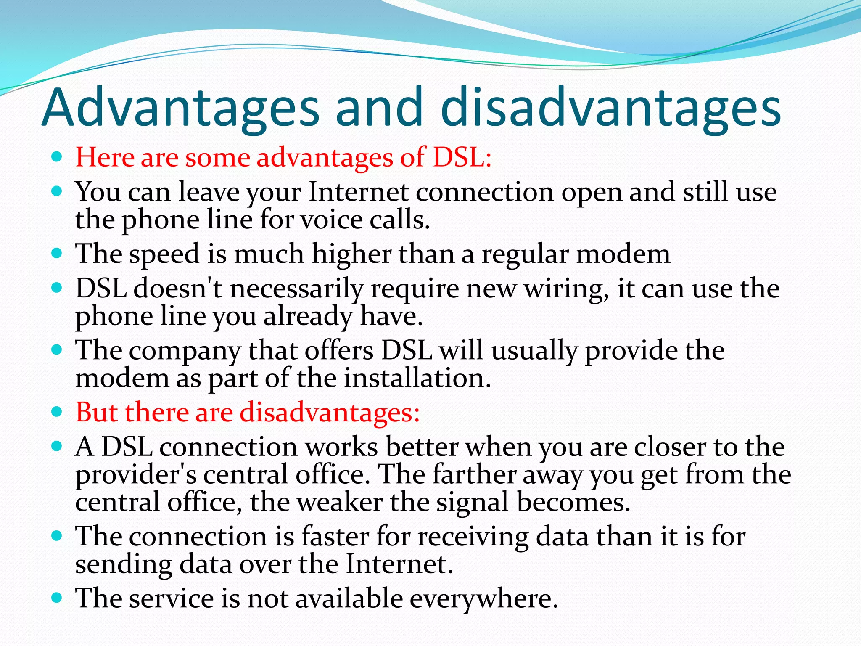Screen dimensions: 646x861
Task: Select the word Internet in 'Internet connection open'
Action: point(358,192)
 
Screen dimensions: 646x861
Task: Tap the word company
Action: point(185,350)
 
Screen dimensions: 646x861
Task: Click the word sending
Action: point(124,564)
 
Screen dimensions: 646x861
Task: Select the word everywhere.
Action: point(483,598)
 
